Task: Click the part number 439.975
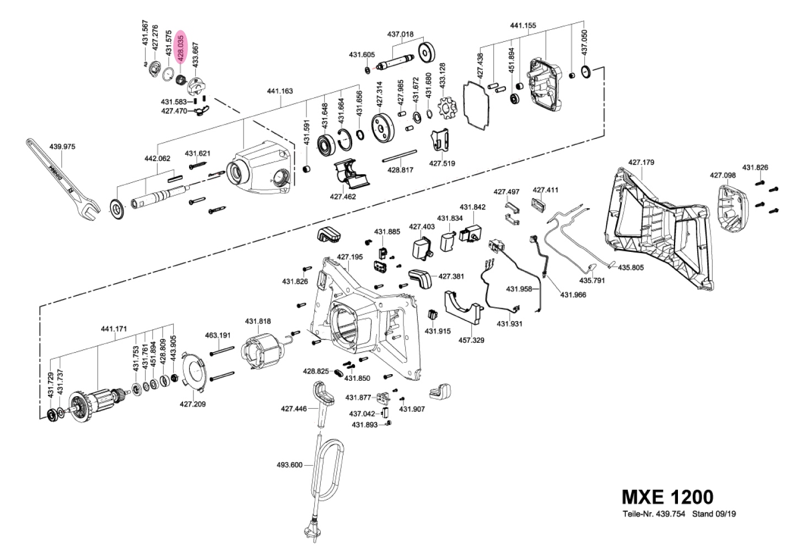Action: pyautogui.click(x=62, y=147)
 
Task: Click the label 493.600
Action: pyautogui.click(x=289, y=464)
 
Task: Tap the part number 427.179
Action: pyautogui.click(x=641, y=162)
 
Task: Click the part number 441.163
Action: pyautogui.click(x=280, y=91)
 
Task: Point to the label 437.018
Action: pyautogui.click(x=400, y=34)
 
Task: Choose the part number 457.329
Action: pyautogui.click(x=471, y=340)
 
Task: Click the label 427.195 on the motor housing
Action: pyautogui.click(x=350, y=257)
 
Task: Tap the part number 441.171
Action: pyautogui.click(x=114, y=329)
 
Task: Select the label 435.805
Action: pyautogui.click(x=631, y=268)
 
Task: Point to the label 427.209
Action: pyautogui.click(x=192, y=403)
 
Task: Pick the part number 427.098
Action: pyautogui.click(x=723, y=175)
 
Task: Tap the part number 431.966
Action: pyautogui.click(x=573, y=295)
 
